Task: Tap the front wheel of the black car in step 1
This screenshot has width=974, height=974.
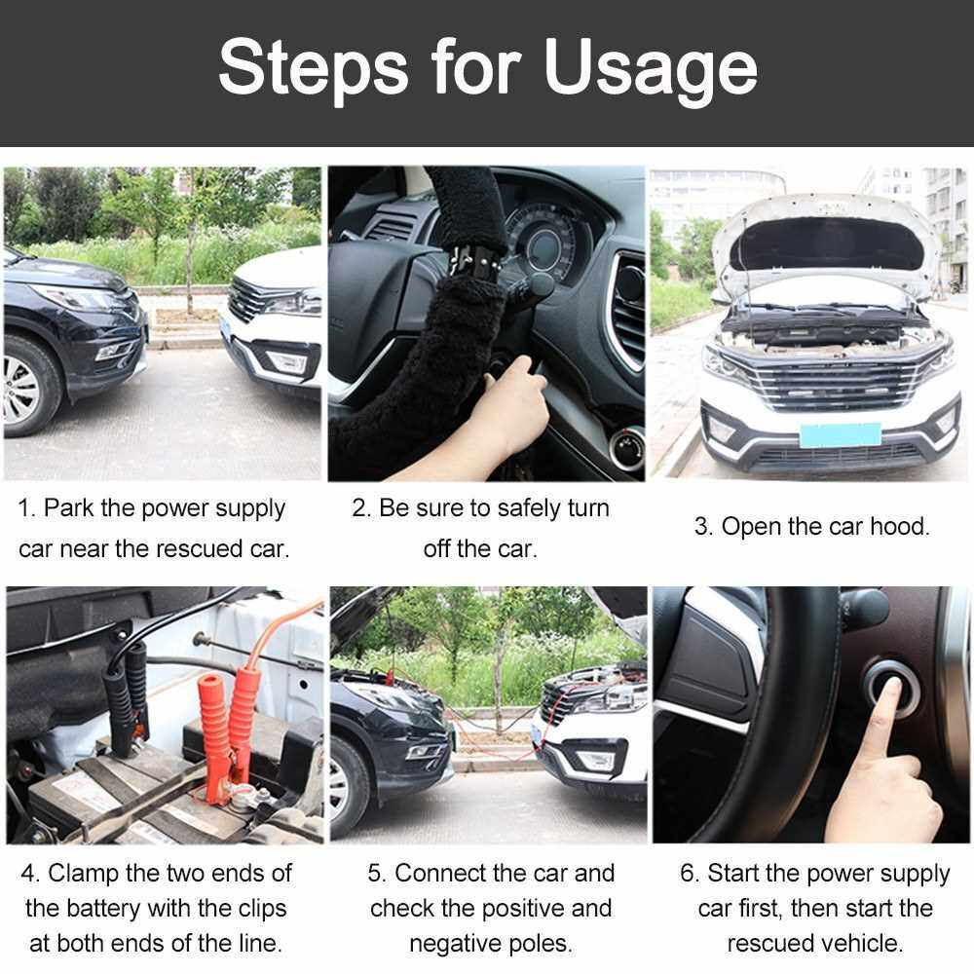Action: pos(28,387)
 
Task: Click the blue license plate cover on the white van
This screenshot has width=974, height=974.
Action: pos(841,434)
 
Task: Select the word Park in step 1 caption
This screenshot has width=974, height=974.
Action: pos(68,508)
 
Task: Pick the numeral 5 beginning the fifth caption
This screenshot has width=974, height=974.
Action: pos(374,874)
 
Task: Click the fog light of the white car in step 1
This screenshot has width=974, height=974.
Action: pos(287,362)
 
